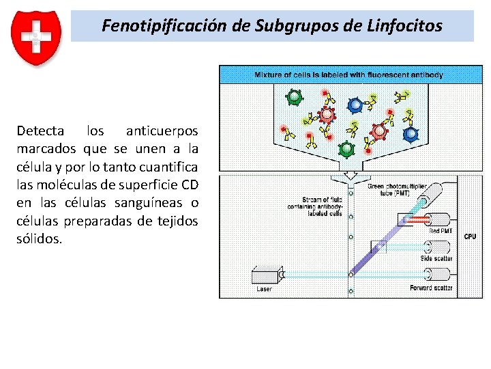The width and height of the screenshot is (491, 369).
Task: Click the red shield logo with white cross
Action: [x=36, y=38]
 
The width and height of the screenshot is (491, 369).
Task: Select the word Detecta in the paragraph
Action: [x=40, y=131]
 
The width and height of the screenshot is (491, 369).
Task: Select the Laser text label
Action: [x=264, y=289]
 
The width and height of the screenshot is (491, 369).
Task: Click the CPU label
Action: [x=470, y=237]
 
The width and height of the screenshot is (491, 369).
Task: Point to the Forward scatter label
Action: [x=431, y=288]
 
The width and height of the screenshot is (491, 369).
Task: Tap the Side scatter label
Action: [x=436, y=259]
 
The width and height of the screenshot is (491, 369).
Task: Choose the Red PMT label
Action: [x=441, y=231]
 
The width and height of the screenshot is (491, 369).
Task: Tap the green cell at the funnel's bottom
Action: [x=346, y=148]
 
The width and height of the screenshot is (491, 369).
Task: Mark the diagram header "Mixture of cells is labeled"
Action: [x=348, y=74]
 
